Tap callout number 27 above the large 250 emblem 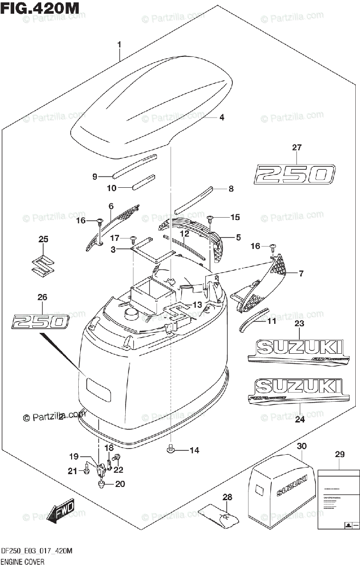coord(296,147)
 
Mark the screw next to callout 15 coord(211,219)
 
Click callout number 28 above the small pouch coord(228,497)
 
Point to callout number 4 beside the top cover coord(221,117)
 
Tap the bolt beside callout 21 coord(86,471)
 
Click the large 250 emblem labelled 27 coord(295,174)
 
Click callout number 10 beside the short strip coord(111,188)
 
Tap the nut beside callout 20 coord(102,484)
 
